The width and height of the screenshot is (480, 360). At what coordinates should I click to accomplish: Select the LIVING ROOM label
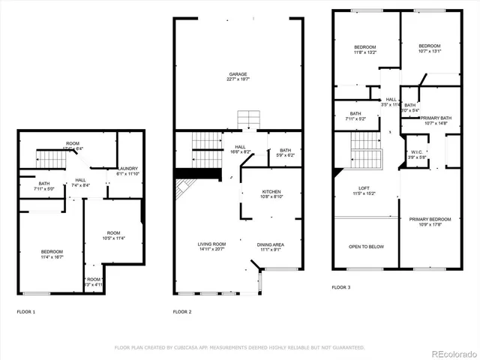pyautogui.click(x=211, y=244)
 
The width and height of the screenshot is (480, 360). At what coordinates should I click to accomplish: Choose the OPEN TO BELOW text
pyautogui.click(x=367, y=246)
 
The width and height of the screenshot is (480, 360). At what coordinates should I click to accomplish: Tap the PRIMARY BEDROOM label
pyautogui.click(x=429, y=219)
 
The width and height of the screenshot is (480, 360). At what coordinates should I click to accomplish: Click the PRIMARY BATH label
pyautogui.click(x=435, y=118)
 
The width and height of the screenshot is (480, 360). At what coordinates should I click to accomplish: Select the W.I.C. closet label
pyautogui.click(x=417, y=152)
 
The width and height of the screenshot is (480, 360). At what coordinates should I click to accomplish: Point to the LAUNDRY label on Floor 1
pyautogui.click(x=129, y=169)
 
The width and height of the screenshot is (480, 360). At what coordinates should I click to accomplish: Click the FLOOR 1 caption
pyautogui.click(x=25, y=311)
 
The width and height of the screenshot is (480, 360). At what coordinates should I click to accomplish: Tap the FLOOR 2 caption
pyautogui.click(x=182, y=311)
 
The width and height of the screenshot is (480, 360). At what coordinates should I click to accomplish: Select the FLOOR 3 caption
pyautogui.click(x=341, y=287)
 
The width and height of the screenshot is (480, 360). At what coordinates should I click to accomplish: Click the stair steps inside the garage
pyautogui.click(x=248, y=119)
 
